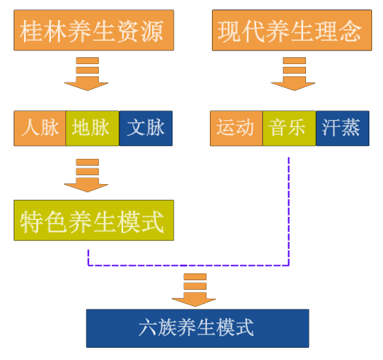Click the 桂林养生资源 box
pos(94,30)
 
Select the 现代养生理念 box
pos(292,30)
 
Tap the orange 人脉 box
pos(40,128)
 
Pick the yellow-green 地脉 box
pos(93,128)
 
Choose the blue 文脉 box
pos(146,128)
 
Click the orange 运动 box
pos(236,128)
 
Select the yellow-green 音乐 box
pos(289,128)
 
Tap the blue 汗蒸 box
pos(343,128)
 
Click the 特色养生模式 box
pos(94,220)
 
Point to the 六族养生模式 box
pos(198,328)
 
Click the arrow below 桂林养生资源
pos(87,74)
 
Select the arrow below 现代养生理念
pos(293,74)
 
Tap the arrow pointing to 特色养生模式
pos(87,175)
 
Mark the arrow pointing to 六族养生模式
pos(194,290)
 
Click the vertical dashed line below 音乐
pos(289,211)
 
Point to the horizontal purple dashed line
pos(188,265)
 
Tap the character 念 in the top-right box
pos(350,31)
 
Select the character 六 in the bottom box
pos(148,327)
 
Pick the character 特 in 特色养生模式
pos(31,222)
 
